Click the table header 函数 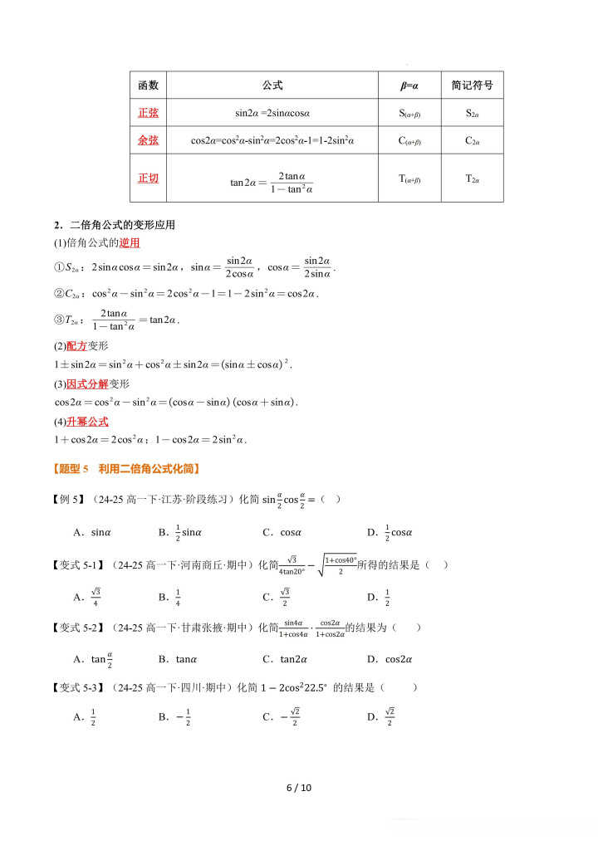click(148, 85)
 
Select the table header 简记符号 click(472, 85)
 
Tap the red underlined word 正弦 click(148, 113)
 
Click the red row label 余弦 click(148, 140)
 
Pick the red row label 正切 click(148, 178)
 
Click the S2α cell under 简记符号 click(472, 113)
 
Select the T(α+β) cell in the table click(409, 178)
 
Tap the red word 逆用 click(130, 243)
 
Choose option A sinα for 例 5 click(92, 532)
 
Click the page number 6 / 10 click(298, 788)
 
